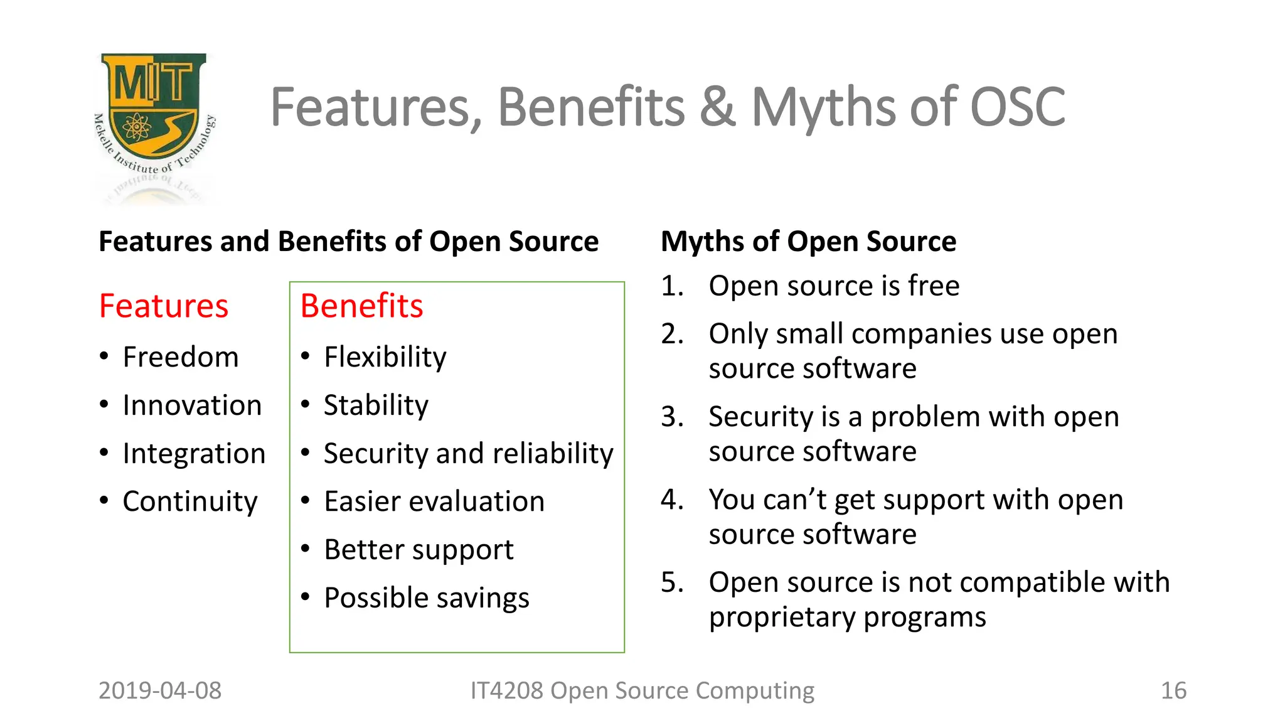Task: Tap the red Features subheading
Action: (164, 306)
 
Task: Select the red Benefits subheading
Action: (361, 306)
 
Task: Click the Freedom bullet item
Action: (181, 357)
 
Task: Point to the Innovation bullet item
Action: (192, 405)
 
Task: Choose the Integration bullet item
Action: (194, 454)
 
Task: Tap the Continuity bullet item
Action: (190, 501)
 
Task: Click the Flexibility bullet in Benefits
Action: (385, 357)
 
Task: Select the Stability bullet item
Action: (376, 405)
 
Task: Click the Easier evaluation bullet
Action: (434, 501)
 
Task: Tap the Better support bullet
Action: (419, 550)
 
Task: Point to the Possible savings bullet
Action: (427, 598)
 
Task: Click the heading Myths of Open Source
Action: (808, 242)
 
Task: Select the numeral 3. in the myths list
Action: (672, 417)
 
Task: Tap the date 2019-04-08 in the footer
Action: (160, 690)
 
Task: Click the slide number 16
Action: (1173, 690)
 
